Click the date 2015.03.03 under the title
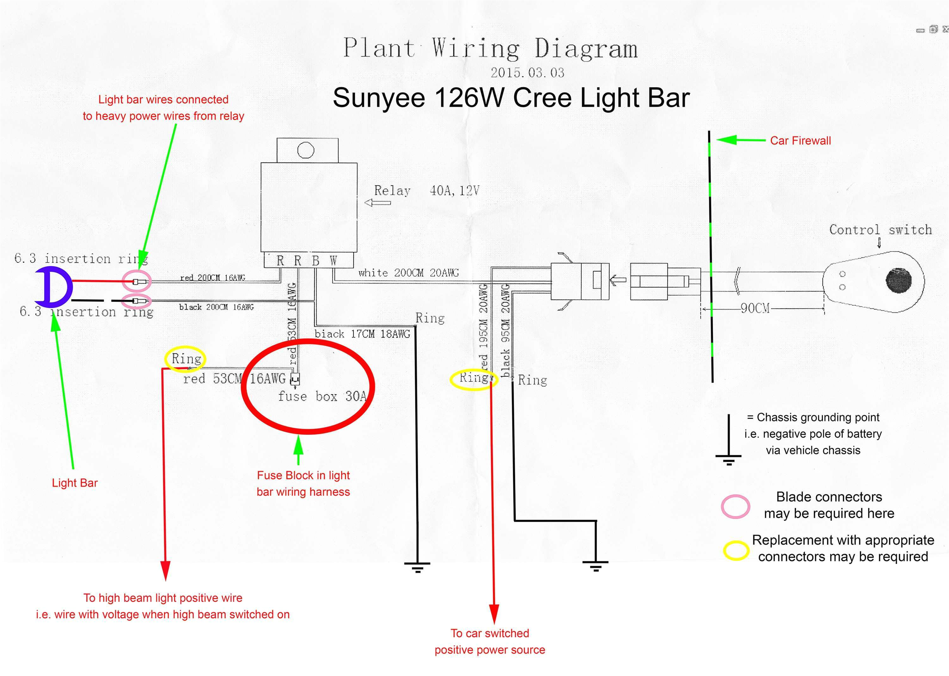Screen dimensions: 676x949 pos(527,73)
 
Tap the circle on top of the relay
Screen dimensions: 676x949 pos(306,150)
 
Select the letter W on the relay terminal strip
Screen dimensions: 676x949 pos(333,261)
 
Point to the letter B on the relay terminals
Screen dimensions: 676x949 pos(316,261)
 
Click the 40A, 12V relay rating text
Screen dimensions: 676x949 pos(454,191)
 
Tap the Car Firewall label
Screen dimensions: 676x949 pos(800,141)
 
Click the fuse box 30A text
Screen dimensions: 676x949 pos(322,396)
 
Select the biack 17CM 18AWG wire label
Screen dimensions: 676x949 pos(362,334)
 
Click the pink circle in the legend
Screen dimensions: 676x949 pos(735,506)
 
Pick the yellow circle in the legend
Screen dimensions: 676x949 pos(736,550)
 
